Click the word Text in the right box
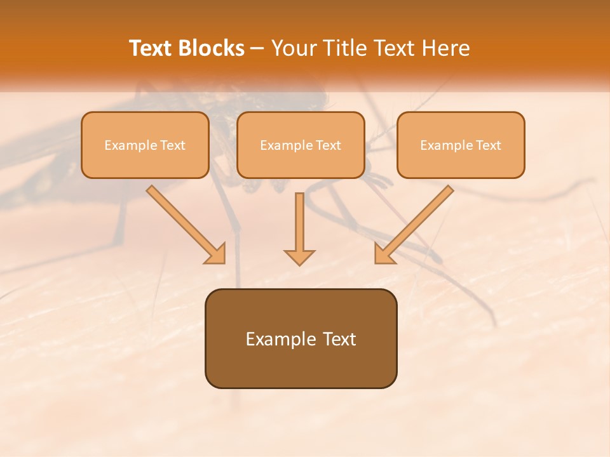point(488,145)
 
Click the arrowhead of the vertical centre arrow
point(299,256)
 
